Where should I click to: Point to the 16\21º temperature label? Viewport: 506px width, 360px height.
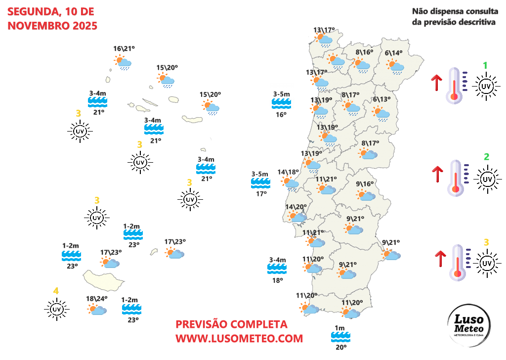(124, 48)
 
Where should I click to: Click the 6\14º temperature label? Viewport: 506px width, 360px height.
(393, 53)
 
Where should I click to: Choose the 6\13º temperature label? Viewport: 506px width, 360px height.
(382, 99)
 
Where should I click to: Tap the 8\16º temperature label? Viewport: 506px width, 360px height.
(364, 52)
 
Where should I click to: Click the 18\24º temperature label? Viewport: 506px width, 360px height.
(97, 299)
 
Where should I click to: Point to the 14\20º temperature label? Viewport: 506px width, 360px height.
(296, 207)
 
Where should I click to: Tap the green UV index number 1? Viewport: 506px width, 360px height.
(485, 65)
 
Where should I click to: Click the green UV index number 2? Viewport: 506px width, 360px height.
(486, 157)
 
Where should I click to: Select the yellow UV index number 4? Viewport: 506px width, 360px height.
(56, 291)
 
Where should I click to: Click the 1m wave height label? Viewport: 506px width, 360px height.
(339, 328)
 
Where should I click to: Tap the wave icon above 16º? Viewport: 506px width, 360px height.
(282, 103)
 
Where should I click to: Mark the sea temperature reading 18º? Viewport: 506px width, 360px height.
(277, 280)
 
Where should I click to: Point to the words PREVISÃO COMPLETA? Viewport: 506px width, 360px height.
(231, 324)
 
